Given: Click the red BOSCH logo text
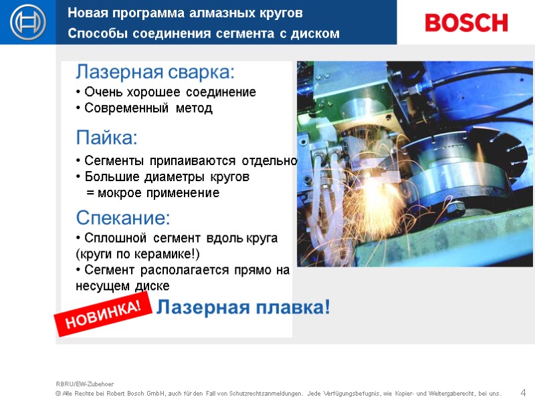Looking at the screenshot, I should coord(466,23).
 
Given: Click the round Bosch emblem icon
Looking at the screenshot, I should coord(27,23).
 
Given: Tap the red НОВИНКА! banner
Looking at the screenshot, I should coord(104,315).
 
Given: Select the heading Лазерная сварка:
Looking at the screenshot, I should coord(155,72).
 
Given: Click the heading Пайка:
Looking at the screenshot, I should coord(107,138).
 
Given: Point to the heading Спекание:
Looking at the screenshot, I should coord(124,218).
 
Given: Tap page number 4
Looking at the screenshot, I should coord(523,392).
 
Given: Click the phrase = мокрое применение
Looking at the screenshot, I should coord(153,193).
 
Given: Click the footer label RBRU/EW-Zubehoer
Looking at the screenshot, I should coord(85,384).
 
